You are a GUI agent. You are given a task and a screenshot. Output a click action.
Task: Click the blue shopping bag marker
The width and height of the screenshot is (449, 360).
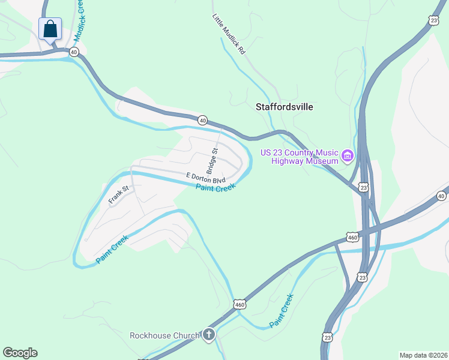[x=50, y=29]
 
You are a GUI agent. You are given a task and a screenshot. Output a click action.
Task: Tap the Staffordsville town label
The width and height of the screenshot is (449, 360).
[x=285, y=107]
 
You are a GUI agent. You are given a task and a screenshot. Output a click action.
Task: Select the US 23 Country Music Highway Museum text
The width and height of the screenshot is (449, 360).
[x=299, y=156]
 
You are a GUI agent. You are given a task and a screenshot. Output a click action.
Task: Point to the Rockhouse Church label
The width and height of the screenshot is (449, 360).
[x=165, y=335]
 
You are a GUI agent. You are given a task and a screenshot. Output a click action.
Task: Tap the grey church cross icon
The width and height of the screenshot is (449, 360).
[x=208, y=335]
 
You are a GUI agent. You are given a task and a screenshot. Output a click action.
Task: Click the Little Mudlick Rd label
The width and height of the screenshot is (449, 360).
[x=229, y=35]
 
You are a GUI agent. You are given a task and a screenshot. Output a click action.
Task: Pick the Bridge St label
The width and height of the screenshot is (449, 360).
[x=212, y=159]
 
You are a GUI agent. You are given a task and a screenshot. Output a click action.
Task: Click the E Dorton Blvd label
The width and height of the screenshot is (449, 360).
[x=206, y=178]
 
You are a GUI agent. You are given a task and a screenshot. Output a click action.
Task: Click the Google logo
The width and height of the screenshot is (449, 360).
[x=20, y=353]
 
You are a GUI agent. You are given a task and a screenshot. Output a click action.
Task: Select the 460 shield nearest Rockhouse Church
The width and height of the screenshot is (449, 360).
[x=240, y=305]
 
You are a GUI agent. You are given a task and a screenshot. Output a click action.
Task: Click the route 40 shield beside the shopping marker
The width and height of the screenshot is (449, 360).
[x=73, y=52]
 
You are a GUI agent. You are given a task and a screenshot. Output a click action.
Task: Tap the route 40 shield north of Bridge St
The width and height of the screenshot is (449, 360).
[x=203, y=121]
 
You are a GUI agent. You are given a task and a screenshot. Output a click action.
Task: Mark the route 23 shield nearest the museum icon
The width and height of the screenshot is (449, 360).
[x=363, y=187]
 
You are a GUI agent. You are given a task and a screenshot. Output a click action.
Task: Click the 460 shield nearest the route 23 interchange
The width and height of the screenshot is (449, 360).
[x=352, y=238]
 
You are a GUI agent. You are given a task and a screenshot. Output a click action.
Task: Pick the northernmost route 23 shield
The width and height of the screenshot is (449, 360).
[x=433, y=20]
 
